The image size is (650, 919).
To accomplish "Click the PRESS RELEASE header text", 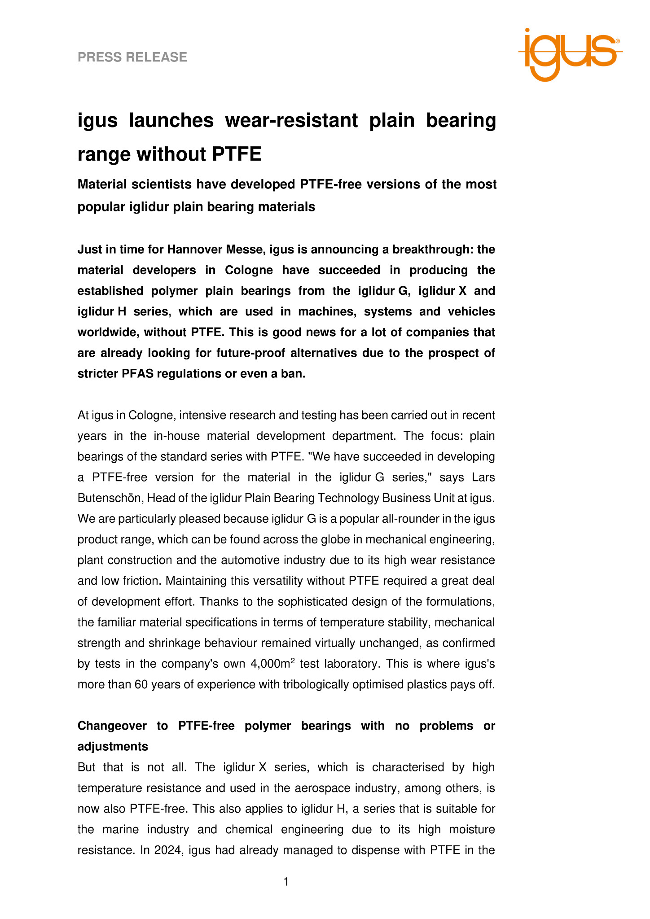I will pos(132,57).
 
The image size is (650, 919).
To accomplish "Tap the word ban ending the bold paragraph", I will pos(294,374).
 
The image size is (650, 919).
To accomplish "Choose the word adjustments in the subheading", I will pos(113,747).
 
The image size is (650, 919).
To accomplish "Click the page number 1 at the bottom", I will pos(286,882).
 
